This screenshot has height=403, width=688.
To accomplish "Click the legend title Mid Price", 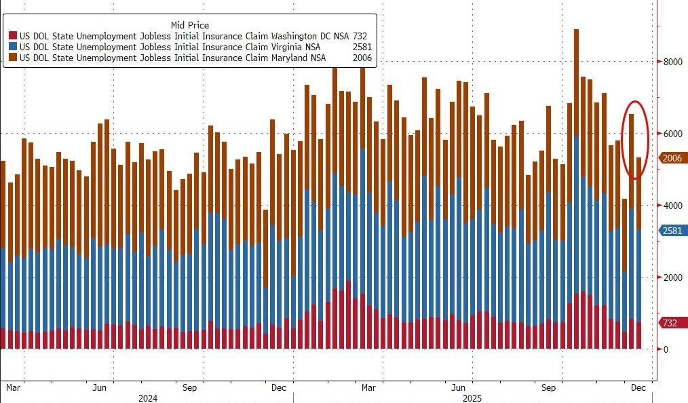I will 190,25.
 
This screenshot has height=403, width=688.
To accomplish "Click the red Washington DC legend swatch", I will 13,36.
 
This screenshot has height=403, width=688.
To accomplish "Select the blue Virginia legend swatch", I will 13,47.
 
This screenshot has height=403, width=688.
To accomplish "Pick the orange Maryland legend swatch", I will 13,58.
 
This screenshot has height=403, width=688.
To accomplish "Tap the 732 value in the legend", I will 361,36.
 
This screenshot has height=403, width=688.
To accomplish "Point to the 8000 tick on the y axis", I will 673,62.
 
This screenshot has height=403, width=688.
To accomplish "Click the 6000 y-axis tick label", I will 673,134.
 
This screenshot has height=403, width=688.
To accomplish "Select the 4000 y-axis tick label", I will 673,206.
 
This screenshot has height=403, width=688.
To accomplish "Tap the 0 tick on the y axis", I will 666,349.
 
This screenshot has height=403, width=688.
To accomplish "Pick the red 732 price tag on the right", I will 670,323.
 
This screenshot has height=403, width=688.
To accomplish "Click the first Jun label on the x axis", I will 99,388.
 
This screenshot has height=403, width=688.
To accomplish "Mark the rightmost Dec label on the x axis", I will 638,388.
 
